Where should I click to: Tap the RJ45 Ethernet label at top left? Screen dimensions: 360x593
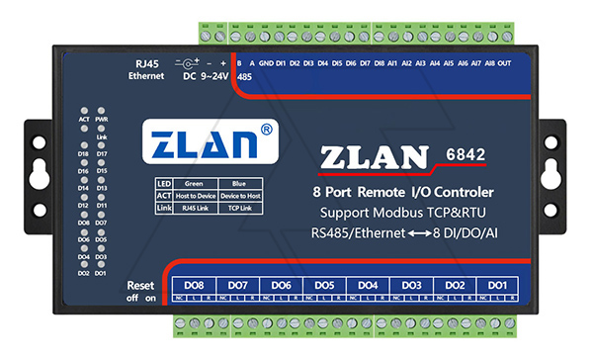tap(151, 69)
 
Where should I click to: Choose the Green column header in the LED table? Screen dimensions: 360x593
tap(193, 183)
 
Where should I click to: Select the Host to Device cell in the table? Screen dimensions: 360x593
tap(193, 195)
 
